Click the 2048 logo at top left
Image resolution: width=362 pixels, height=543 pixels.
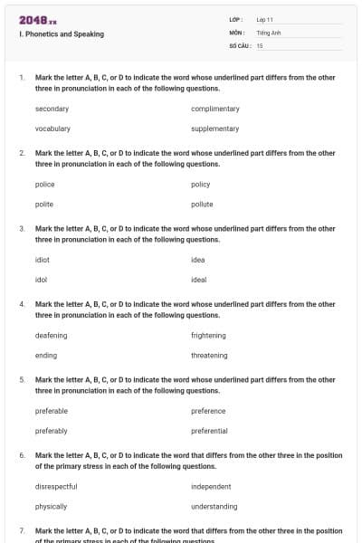(x=37, y=19)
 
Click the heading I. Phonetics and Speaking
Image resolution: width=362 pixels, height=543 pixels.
(x=61, y=34)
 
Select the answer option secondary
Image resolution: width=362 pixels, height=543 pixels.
(x=52, y=109)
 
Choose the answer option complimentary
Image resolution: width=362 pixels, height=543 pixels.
(x=215, y=109)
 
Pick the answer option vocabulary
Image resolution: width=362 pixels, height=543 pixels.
(x=52, y=129)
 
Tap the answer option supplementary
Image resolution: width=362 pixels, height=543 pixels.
(x=215, y=129)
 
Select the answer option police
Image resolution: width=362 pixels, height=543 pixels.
(x=45, y=184)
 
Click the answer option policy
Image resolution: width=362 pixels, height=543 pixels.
(x=201, y=184)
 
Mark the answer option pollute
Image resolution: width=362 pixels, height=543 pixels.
(x=202, y=205)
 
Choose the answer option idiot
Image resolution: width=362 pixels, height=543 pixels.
(x=43, y=260)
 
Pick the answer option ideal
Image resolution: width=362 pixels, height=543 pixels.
(x=199, y=280)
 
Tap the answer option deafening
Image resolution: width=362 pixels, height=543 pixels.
(x=51, y=335)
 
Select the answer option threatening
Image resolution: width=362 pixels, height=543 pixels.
(x=209, y=356)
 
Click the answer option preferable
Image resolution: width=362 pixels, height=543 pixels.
(x=52, y=411)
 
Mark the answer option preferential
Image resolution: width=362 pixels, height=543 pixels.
(x=209, y=431)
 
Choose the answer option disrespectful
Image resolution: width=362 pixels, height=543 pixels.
(x=56, y=486)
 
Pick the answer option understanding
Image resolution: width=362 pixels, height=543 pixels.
(x=214, y=507)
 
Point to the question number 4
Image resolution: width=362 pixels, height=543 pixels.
(x=22, y=304)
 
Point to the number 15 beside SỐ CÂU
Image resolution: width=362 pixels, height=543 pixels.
(x=260, y=45)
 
